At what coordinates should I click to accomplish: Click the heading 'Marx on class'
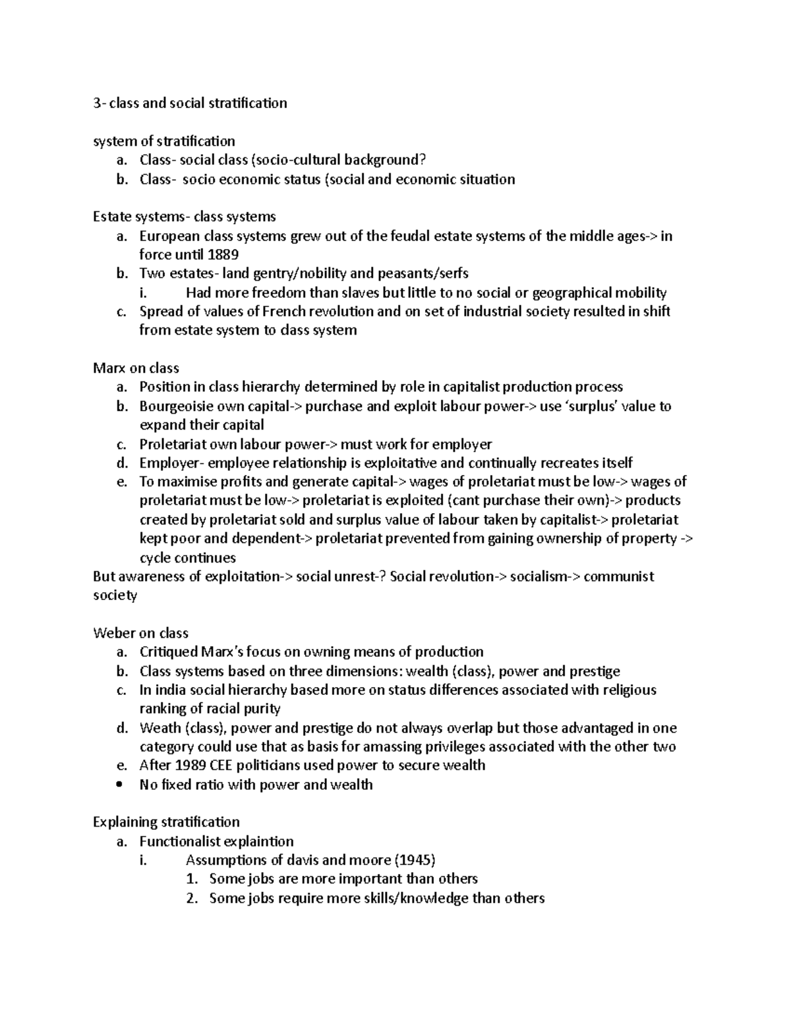(x=136, y=368)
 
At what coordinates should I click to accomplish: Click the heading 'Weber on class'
(x=140, y=633)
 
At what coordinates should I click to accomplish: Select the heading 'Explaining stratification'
(x=166, y=821)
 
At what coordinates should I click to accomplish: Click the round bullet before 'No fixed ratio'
(x=119, y=785)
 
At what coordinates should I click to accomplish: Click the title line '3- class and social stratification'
(x=190, y=103)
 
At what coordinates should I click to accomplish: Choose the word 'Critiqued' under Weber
(x=168, y=651)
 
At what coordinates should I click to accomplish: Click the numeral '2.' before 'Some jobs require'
(x=192, y=898)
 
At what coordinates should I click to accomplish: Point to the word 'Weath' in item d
(x=160, y=728)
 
